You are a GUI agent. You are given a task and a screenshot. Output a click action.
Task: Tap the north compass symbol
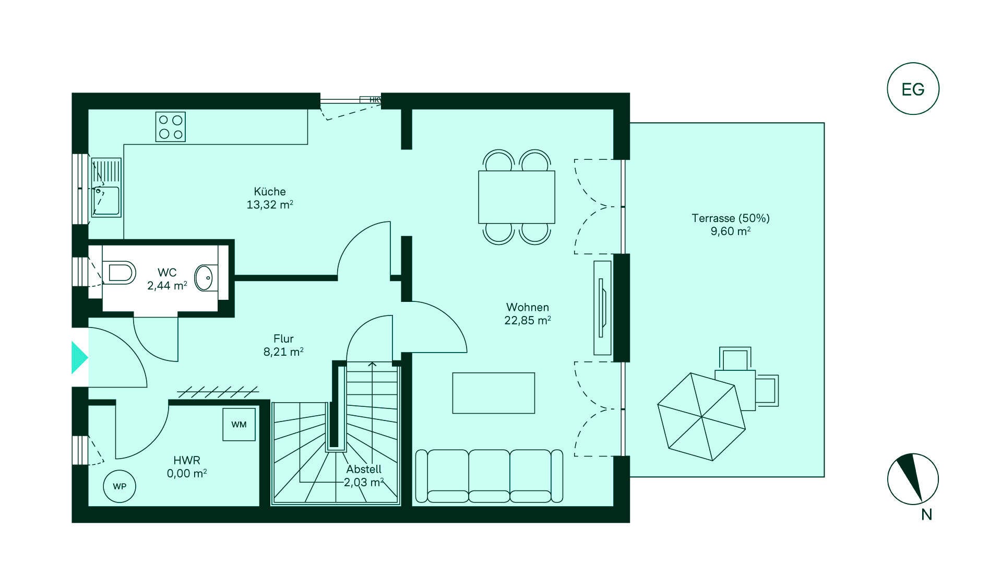tap(913, 479)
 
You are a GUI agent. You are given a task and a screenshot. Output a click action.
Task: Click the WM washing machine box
tap(239, 424)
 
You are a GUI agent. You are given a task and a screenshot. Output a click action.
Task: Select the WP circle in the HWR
tap(120, 486)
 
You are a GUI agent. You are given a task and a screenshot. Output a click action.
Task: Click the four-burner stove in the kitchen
tap(171, 127)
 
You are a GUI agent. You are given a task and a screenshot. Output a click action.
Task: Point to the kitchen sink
tap(106, 188)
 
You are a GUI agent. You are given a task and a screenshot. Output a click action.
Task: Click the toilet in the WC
tap(120, 273)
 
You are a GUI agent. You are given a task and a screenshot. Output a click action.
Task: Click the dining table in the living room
tap(517, 197)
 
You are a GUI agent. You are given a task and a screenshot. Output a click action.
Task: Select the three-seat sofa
tap(489, 476)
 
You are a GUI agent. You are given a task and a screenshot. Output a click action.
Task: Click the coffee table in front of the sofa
tap(494, 393)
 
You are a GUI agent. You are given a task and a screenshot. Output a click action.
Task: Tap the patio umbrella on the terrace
tap(701, 417)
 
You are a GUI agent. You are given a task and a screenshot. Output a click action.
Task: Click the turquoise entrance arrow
tap(79, 357)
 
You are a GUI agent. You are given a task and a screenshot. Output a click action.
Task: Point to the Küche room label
tap(270, 191)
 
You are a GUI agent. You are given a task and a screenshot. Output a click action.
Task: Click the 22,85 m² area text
tap(528, 320)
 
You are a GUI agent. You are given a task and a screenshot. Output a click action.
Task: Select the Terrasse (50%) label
tap(731, 218)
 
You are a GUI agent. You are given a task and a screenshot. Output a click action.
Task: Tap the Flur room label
tap(283, 338)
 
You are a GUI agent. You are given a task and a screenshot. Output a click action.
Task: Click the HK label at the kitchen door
tap(375, 100)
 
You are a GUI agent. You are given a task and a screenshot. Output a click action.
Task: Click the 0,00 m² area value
tap(187, 473)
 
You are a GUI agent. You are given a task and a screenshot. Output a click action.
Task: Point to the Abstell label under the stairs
tap(364, 469)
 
